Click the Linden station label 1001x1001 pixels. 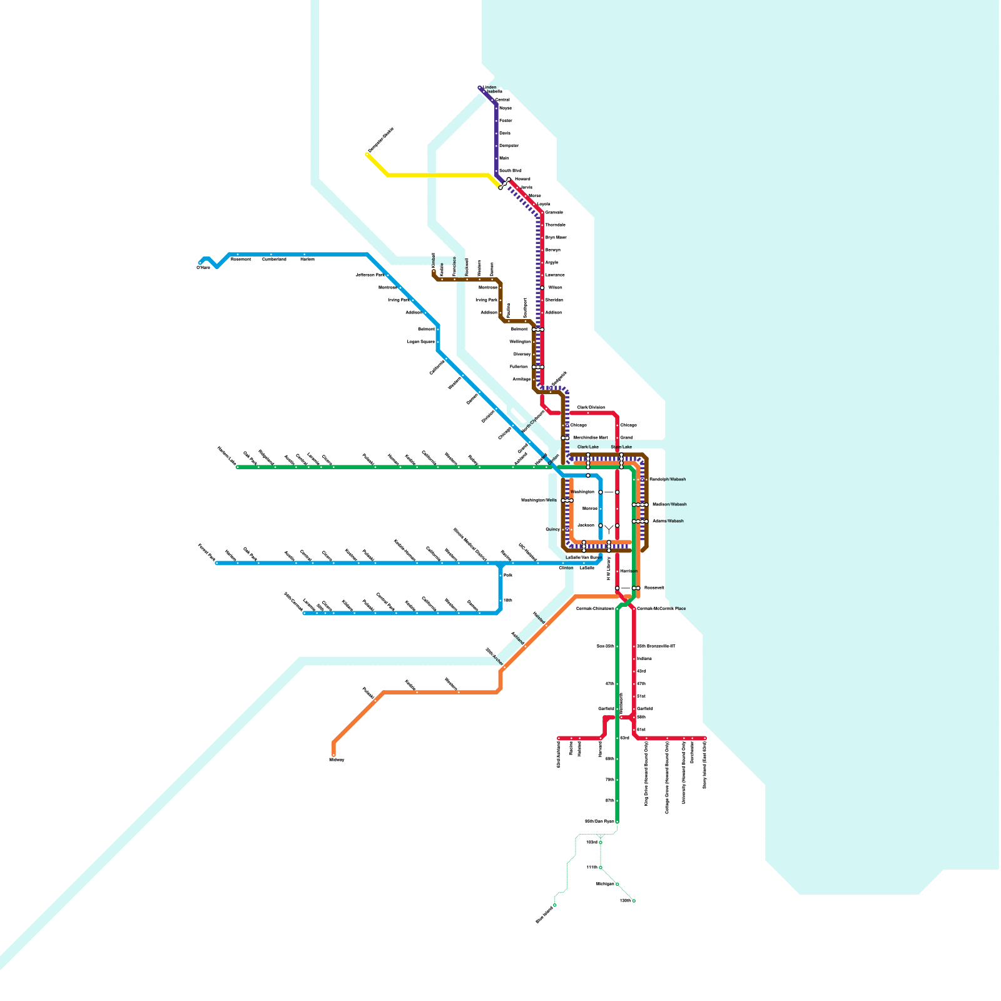(490, 88)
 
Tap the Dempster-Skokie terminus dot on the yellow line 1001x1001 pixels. (367, 154)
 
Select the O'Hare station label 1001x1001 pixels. (203, 268)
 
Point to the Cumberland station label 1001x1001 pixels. (274, 259)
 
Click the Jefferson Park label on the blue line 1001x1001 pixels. (370, 275)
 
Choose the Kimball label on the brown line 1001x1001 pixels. (433, 261)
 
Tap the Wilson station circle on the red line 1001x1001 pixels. (542, 288)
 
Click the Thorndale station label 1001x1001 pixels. (555, 225)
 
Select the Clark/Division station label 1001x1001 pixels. (591, 407)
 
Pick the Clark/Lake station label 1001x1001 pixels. (587, 447)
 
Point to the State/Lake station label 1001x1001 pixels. (621, 447)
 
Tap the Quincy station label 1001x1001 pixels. (552, 529)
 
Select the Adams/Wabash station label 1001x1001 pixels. (668, 521)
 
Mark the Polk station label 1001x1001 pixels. (508, 575)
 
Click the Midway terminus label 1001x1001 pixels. (337, 760)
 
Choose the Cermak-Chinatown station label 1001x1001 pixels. (595, 609)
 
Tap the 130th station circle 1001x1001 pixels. (634, 901)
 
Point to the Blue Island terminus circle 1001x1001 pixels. (554, 905)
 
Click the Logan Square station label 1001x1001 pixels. (420, 342)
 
